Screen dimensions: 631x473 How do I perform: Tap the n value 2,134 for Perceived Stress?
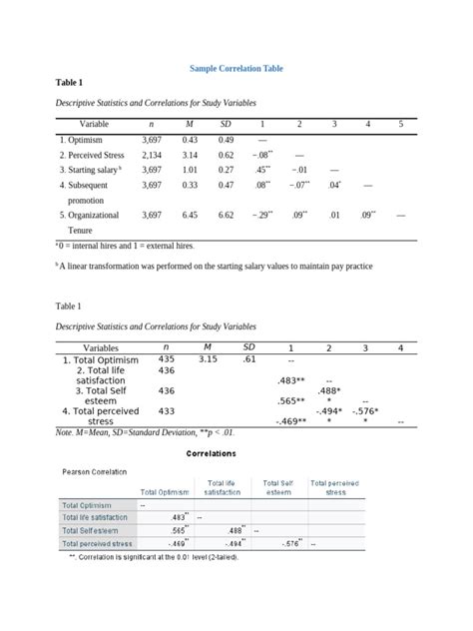click(152, 155)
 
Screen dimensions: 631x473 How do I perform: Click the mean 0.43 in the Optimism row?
click(190, 140)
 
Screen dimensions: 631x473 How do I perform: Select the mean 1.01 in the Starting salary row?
click(190, 170)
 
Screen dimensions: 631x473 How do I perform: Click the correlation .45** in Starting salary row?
click(263, 170)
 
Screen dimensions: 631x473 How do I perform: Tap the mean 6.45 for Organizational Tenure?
click(190, 215)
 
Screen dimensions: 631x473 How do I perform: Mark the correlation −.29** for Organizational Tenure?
click(263, 215)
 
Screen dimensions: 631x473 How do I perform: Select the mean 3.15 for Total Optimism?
click(208, 358)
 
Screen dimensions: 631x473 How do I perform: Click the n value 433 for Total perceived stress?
click(166, 410)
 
